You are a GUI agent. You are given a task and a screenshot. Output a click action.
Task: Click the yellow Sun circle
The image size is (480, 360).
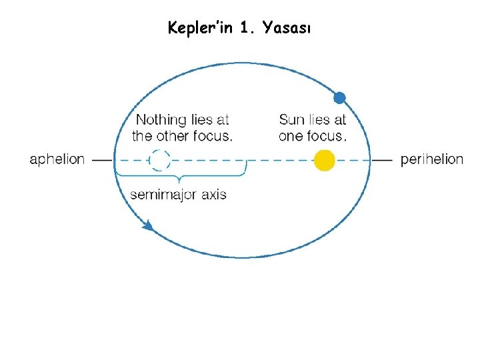coord(324,161)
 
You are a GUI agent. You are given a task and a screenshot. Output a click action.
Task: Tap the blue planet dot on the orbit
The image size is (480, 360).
coord(339,98)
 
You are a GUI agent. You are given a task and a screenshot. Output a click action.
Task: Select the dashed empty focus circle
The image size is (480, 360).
coord(159,161)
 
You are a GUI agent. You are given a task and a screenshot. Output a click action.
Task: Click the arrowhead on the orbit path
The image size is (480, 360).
coord(148,227)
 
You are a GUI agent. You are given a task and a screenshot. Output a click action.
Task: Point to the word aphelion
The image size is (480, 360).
coord(57,160)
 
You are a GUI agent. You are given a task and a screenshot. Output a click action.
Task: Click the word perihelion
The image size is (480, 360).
coord(431,160)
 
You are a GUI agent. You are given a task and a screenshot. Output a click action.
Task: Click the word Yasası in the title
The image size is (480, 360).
coord(286,29)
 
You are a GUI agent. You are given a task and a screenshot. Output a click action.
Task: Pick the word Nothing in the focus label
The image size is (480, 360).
coord(161,120)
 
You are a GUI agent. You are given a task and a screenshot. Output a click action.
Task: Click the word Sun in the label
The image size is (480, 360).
coord(291,120)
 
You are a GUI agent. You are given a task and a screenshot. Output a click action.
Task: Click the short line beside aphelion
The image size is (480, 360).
coord(101,160)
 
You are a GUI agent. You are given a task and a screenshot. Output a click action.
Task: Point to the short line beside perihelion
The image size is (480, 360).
coord(382,160)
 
